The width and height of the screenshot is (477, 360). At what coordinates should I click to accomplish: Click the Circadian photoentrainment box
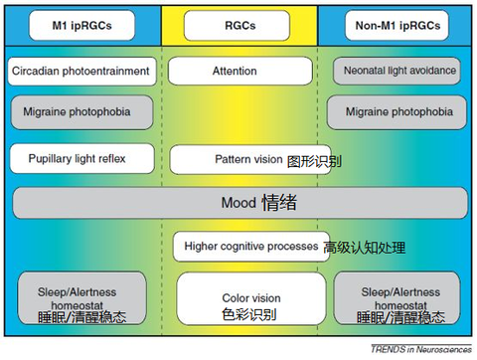(82, 72)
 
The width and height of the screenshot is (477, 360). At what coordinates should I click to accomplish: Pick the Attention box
(235, 72)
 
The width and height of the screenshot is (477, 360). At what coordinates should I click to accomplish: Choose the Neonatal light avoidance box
(397, 72)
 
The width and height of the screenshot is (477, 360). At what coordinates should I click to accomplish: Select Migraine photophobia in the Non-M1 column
(397, 112)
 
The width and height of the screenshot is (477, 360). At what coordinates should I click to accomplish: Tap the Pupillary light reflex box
(82, 157)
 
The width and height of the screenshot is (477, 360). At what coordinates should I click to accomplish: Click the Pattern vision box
(235, 159)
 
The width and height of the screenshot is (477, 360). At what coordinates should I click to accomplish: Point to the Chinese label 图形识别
(314, 160)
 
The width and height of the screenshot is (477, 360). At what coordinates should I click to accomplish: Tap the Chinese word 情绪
(279, 203)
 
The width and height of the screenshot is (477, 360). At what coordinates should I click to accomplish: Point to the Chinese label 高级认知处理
(365, 248)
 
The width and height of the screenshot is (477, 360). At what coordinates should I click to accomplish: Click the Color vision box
(250, 296)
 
